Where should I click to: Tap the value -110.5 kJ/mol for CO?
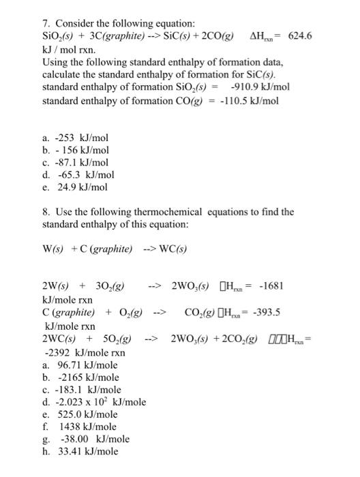249,101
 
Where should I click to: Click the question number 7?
46,23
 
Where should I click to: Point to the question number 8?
46,212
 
